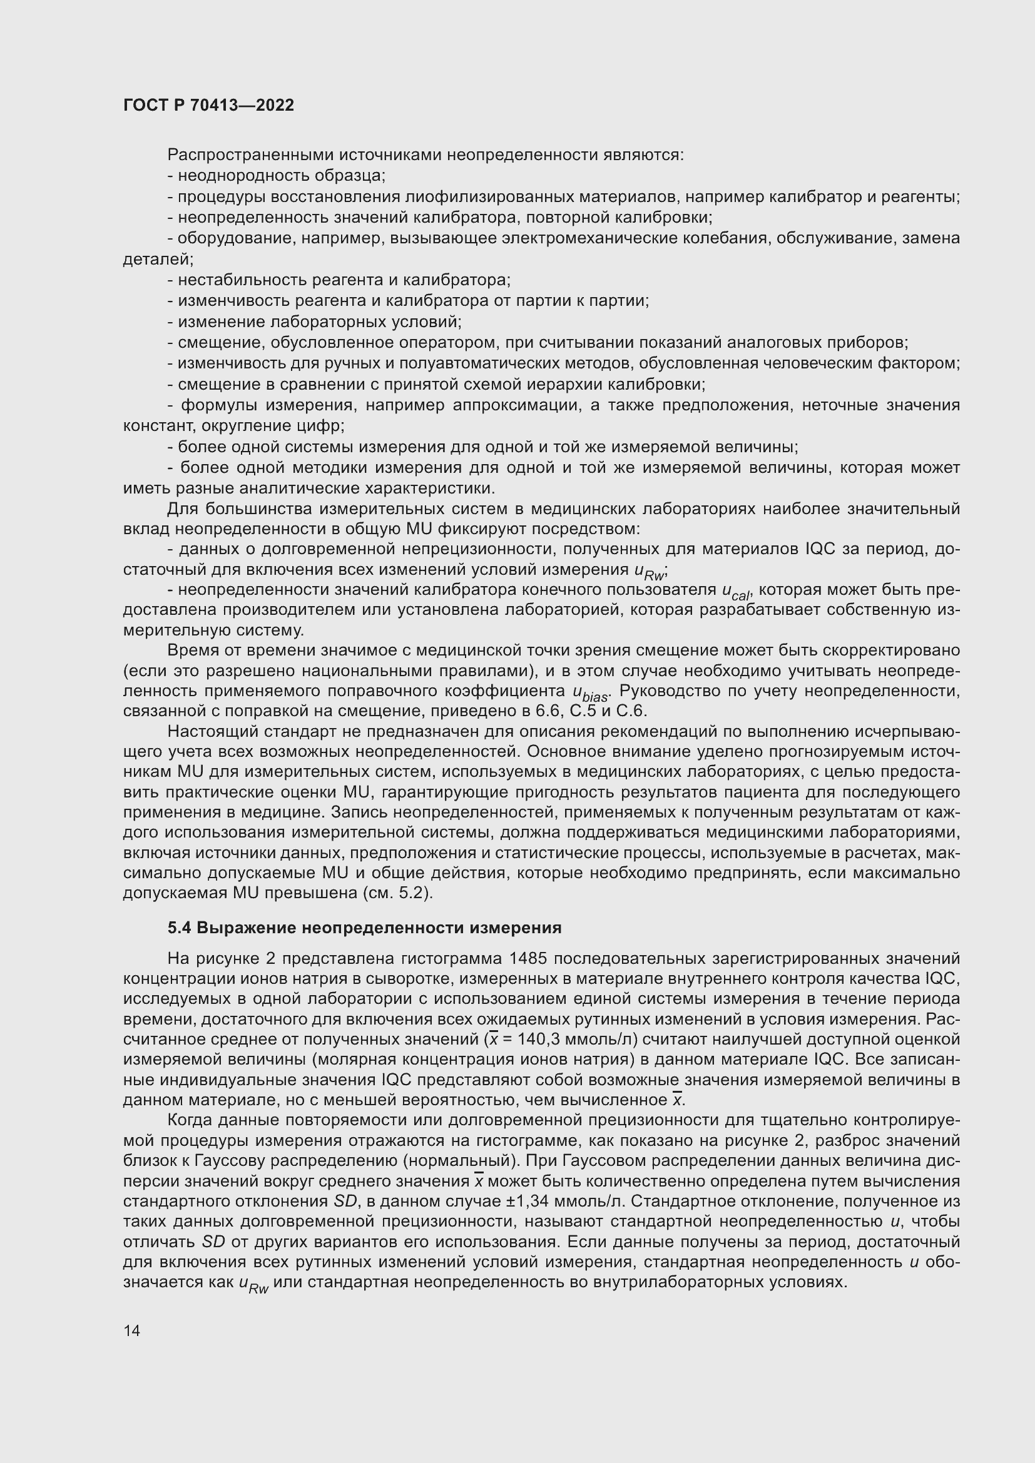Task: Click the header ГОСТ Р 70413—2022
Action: tap(208, 106)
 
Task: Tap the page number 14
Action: tap(132, 1330)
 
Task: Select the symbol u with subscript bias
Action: tap(591, 692)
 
